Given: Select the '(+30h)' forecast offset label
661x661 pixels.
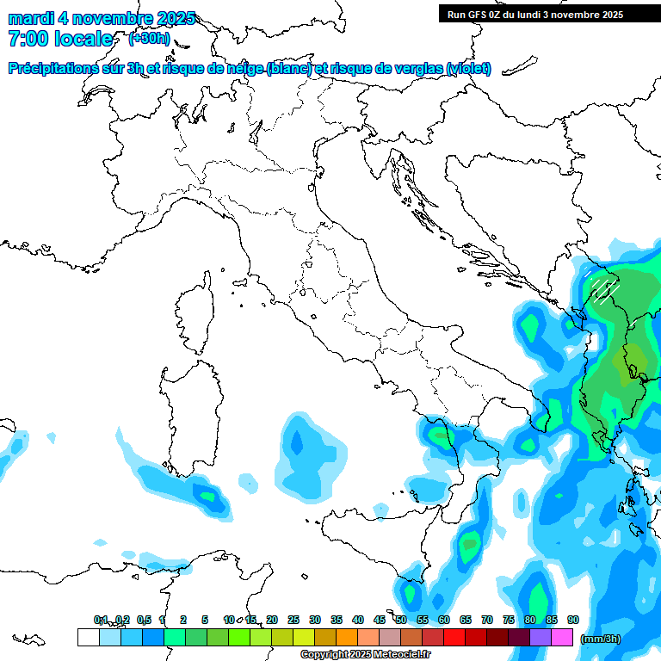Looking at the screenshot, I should [x=149, y=39].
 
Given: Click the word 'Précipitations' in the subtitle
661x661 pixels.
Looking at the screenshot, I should [x=53, y=68].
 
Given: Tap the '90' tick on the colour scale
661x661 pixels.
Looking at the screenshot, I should [x=573, y=620].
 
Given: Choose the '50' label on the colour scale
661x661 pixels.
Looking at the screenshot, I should [x=401, y=620].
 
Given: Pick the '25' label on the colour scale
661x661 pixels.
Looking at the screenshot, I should [x=293, y=620].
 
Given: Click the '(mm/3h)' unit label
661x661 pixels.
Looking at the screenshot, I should [x=602, y=639].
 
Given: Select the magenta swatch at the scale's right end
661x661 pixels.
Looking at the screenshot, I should [x=562, y=637].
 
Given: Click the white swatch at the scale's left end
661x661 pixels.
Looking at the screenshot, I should [x=88, y=637].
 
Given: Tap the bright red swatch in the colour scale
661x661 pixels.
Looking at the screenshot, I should [x=454, y=637].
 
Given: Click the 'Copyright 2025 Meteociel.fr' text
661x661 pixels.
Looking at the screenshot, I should [x=365, y=655].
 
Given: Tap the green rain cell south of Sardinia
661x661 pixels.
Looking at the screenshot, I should [x=207, y=496].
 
